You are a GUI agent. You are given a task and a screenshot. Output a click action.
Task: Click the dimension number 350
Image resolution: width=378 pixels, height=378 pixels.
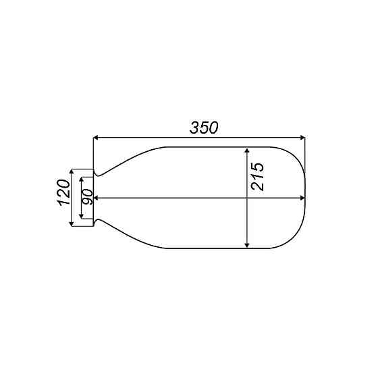pyautogui.click(x=205, y=128)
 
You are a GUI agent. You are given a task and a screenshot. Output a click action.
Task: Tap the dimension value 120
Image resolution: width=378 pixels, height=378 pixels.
pyautogui.click(x=64, y=194)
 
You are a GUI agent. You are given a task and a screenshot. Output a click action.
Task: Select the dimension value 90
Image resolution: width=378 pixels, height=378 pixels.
pyautogui.click(x=88, y=197)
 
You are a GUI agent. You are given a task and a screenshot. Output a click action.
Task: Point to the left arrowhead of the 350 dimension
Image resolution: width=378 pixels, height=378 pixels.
pyautogui.click(x=97, y=138)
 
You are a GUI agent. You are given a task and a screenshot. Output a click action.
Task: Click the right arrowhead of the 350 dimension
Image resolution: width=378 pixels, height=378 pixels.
pyautogui.click(x=302, y=138)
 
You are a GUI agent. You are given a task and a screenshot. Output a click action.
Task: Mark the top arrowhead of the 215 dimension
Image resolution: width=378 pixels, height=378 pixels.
pyautogui.click(x=248, y=151)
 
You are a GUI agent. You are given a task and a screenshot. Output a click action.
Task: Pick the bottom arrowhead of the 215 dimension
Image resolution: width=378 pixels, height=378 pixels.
pyautogui.click(x=248, y=244)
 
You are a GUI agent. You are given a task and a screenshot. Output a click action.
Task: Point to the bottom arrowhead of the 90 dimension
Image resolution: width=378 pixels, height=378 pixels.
pyautogui.click(x=81, y=215)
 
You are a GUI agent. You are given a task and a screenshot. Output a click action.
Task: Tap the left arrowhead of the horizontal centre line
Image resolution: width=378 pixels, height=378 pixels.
pyautogui.click(x=97, y=198)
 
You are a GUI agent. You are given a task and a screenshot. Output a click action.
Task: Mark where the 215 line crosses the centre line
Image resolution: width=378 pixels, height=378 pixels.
pyautogui.click(x=248, y=198)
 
